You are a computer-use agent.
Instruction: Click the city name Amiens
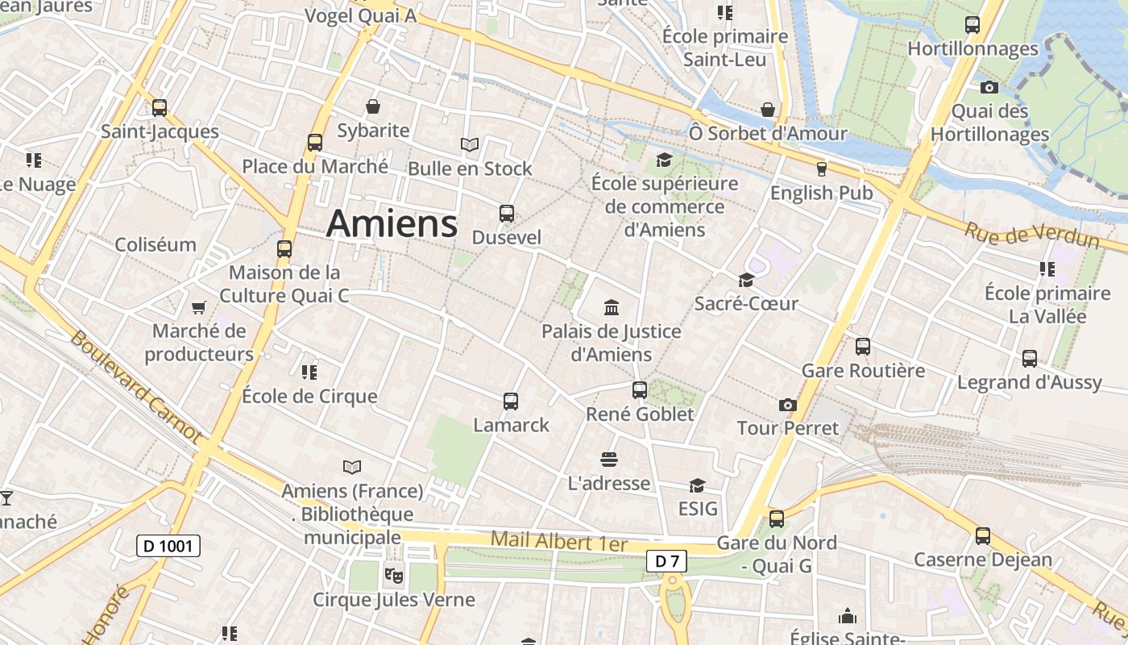[x=392, y=223]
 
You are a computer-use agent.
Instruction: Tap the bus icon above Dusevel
[x=506, y=213]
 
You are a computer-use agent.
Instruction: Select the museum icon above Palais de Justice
[x=612, y=307]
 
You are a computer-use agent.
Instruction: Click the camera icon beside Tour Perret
[x=787, y=405]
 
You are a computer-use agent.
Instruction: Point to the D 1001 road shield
[x=168, y=546]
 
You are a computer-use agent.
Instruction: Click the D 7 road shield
[x=666, y=561]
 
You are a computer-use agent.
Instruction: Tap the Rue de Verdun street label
[x=1032, y=235]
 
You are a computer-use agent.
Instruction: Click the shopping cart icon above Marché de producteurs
[x=198, y=307]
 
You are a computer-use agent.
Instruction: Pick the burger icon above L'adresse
[x=609, y=460]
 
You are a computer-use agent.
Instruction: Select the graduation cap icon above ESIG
[x=697, y=485]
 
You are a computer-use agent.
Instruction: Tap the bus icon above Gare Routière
[x=863, y=347]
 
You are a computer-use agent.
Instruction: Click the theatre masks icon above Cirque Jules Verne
[x=394, y=575]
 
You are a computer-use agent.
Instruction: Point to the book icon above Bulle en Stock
[x=470, y=145]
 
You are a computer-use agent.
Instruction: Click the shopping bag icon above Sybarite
[x=373, y=106]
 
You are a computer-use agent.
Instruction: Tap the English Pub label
[x=821, y=193]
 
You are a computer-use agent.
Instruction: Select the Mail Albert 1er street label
[x=558, y=541]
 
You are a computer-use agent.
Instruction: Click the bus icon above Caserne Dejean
[x=982, y=535]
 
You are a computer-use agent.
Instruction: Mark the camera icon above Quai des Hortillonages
[x=989, y=87]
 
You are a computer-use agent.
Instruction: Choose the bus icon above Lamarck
[x=510, y=401]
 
